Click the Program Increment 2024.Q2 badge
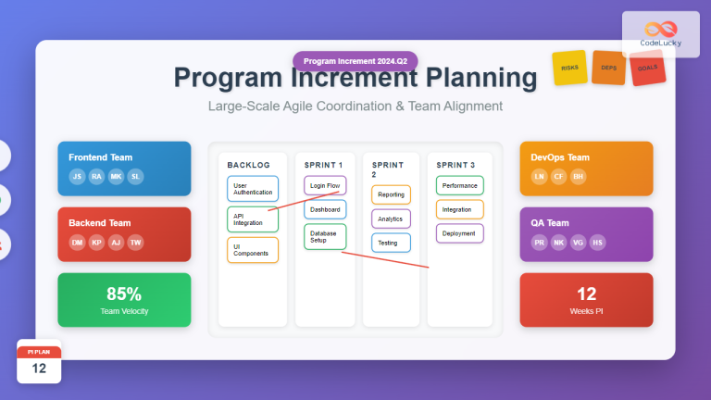click(355, 61)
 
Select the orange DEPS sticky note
click(608, 69)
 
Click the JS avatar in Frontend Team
click(77, 176)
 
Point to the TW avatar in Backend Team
click(135, 242)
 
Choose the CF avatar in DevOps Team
click(558, 176)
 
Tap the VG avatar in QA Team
click(579, 242)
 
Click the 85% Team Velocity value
click(123, 294)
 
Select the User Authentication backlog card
click(252, 189)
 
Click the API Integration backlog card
click(252, 219)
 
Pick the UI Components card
click(252, 250)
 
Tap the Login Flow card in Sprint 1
click(325, 186)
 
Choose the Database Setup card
click(325, 236)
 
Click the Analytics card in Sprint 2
click(391, 219)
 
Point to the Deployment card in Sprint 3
click(459, 233)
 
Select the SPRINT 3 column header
click(455, 164)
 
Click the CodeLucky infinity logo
click(660, 30)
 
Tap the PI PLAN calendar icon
click(39, 362)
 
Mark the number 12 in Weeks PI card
click(586, 294)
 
